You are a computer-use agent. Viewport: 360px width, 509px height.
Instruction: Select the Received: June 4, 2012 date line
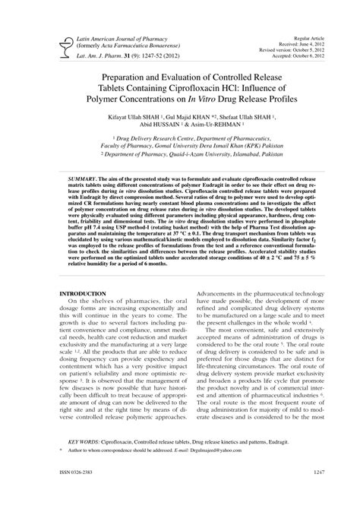302,43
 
